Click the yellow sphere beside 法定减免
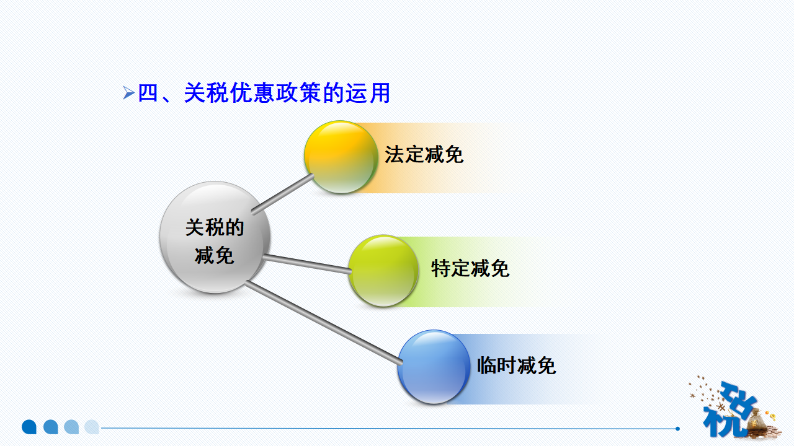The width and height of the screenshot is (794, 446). pyautogui.click(x=341, y=157)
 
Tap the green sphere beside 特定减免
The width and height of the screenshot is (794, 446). pyautogui.click(x=383, y=271)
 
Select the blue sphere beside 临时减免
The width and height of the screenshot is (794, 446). pyautogui.click(x=434, y=367)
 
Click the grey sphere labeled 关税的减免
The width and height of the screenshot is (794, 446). pyautogui.click(x=215, y=237)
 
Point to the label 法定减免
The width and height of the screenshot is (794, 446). pyautogui.click(x=424, y=155)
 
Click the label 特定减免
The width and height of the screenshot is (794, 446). pyautogui.click(x=470, y=269)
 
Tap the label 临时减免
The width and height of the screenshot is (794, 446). pyautogui.click(x=516, y=365)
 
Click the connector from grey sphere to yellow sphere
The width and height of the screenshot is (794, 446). pyautogui.click(x=283, y=194)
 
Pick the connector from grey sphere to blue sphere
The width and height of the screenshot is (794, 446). pyautogui.click(x=323, y=323)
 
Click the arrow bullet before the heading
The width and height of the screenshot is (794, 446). pyautogui.click(x=128, y=94)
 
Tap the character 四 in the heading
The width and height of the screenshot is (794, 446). pyautogui.click(x=148, y=94)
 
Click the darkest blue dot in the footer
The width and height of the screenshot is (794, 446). pyautogui.click(x=29, y=427)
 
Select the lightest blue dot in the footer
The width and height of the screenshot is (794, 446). pyautogui.click(x=92, y=427)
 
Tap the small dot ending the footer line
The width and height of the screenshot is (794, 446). pyautogui.click(x=677, y=428)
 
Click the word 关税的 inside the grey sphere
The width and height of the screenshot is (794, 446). pyautogui.click(x=215, y=227)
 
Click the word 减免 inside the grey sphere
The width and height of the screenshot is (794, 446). pyautogui.click(x=215, y=255)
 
